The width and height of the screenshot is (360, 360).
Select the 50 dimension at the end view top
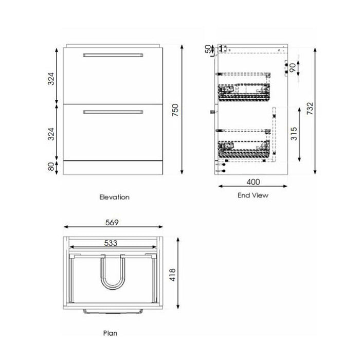coord(208,49)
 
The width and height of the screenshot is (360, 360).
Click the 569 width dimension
coord(112,223)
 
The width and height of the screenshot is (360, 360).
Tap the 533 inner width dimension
coord(112,243)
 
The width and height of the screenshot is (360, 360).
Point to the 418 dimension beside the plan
coord(173,278)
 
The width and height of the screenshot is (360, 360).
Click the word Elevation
coord(114,197)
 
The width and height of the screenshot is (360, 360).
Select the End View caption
coord(253,195)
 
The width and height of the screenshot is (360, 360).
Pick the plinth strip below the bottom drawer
coord(113,167)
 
